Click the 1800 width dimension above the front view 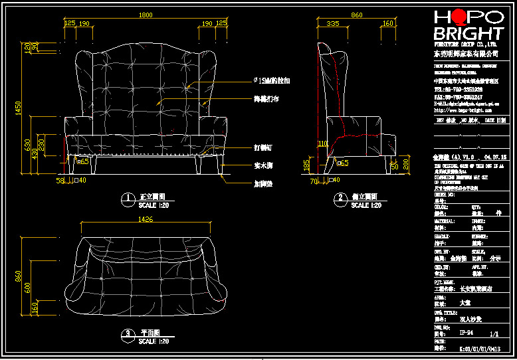click(145, 15)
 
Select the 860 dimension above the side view click(357, 15)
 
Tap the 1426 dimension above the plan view click(145, 219)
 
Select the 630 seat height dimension click(27, 145)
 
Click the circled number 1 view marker click(126, 198)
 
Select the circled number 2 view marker click(340, 198)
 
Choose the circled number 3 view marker click(126, 333)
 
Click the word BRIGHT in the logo click(468, 33)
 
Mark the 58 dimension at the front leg click(60, 180)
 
